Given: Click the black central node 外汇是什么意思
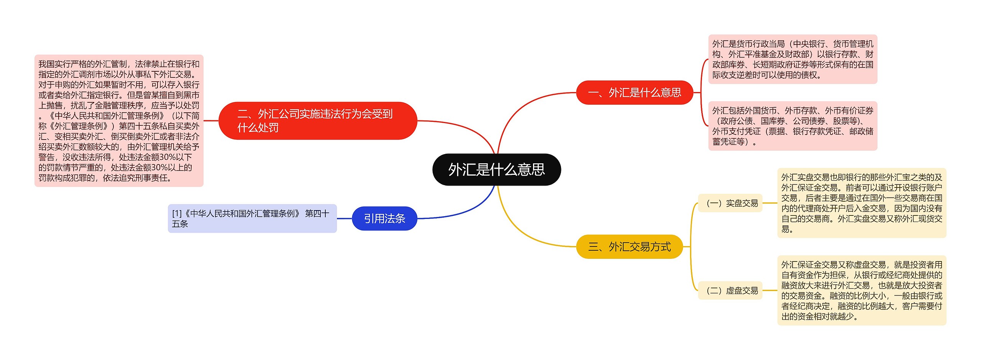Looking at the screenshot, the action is coord(496,169).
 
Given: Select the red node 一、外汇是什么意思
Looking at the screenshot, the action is coord(634,92).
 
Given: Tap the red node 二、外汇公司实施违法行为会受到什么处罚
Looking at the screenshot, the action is coord(317,120).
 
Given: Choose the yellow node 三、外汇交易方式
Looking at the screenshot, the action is coord(629,247).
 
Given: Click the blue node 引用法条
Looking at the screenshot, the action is coord(384,219).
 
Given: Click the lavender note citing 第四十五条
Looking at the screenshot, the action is coord(252,219).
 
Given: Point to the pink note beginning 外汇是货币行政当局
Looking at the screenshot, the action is coord(792,59).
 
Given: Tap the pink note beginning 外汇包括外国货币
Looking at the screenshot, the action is coord(792,126).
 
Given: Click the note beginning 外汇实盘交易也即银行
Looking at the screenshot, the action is coord(861,203).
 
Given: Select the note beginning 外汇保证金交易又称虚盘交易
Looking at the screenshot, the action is coord(861,291).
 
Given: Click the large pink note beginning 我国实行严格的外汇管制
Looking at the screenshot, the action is coord(119,121).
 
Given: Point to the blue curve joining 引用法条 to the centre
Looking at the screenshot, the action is coord(464,210).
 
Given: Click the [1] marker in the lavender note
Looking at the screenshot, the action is coord(177,214).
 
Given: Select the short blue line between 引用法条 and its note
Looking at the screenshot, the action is coord(344,219).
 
